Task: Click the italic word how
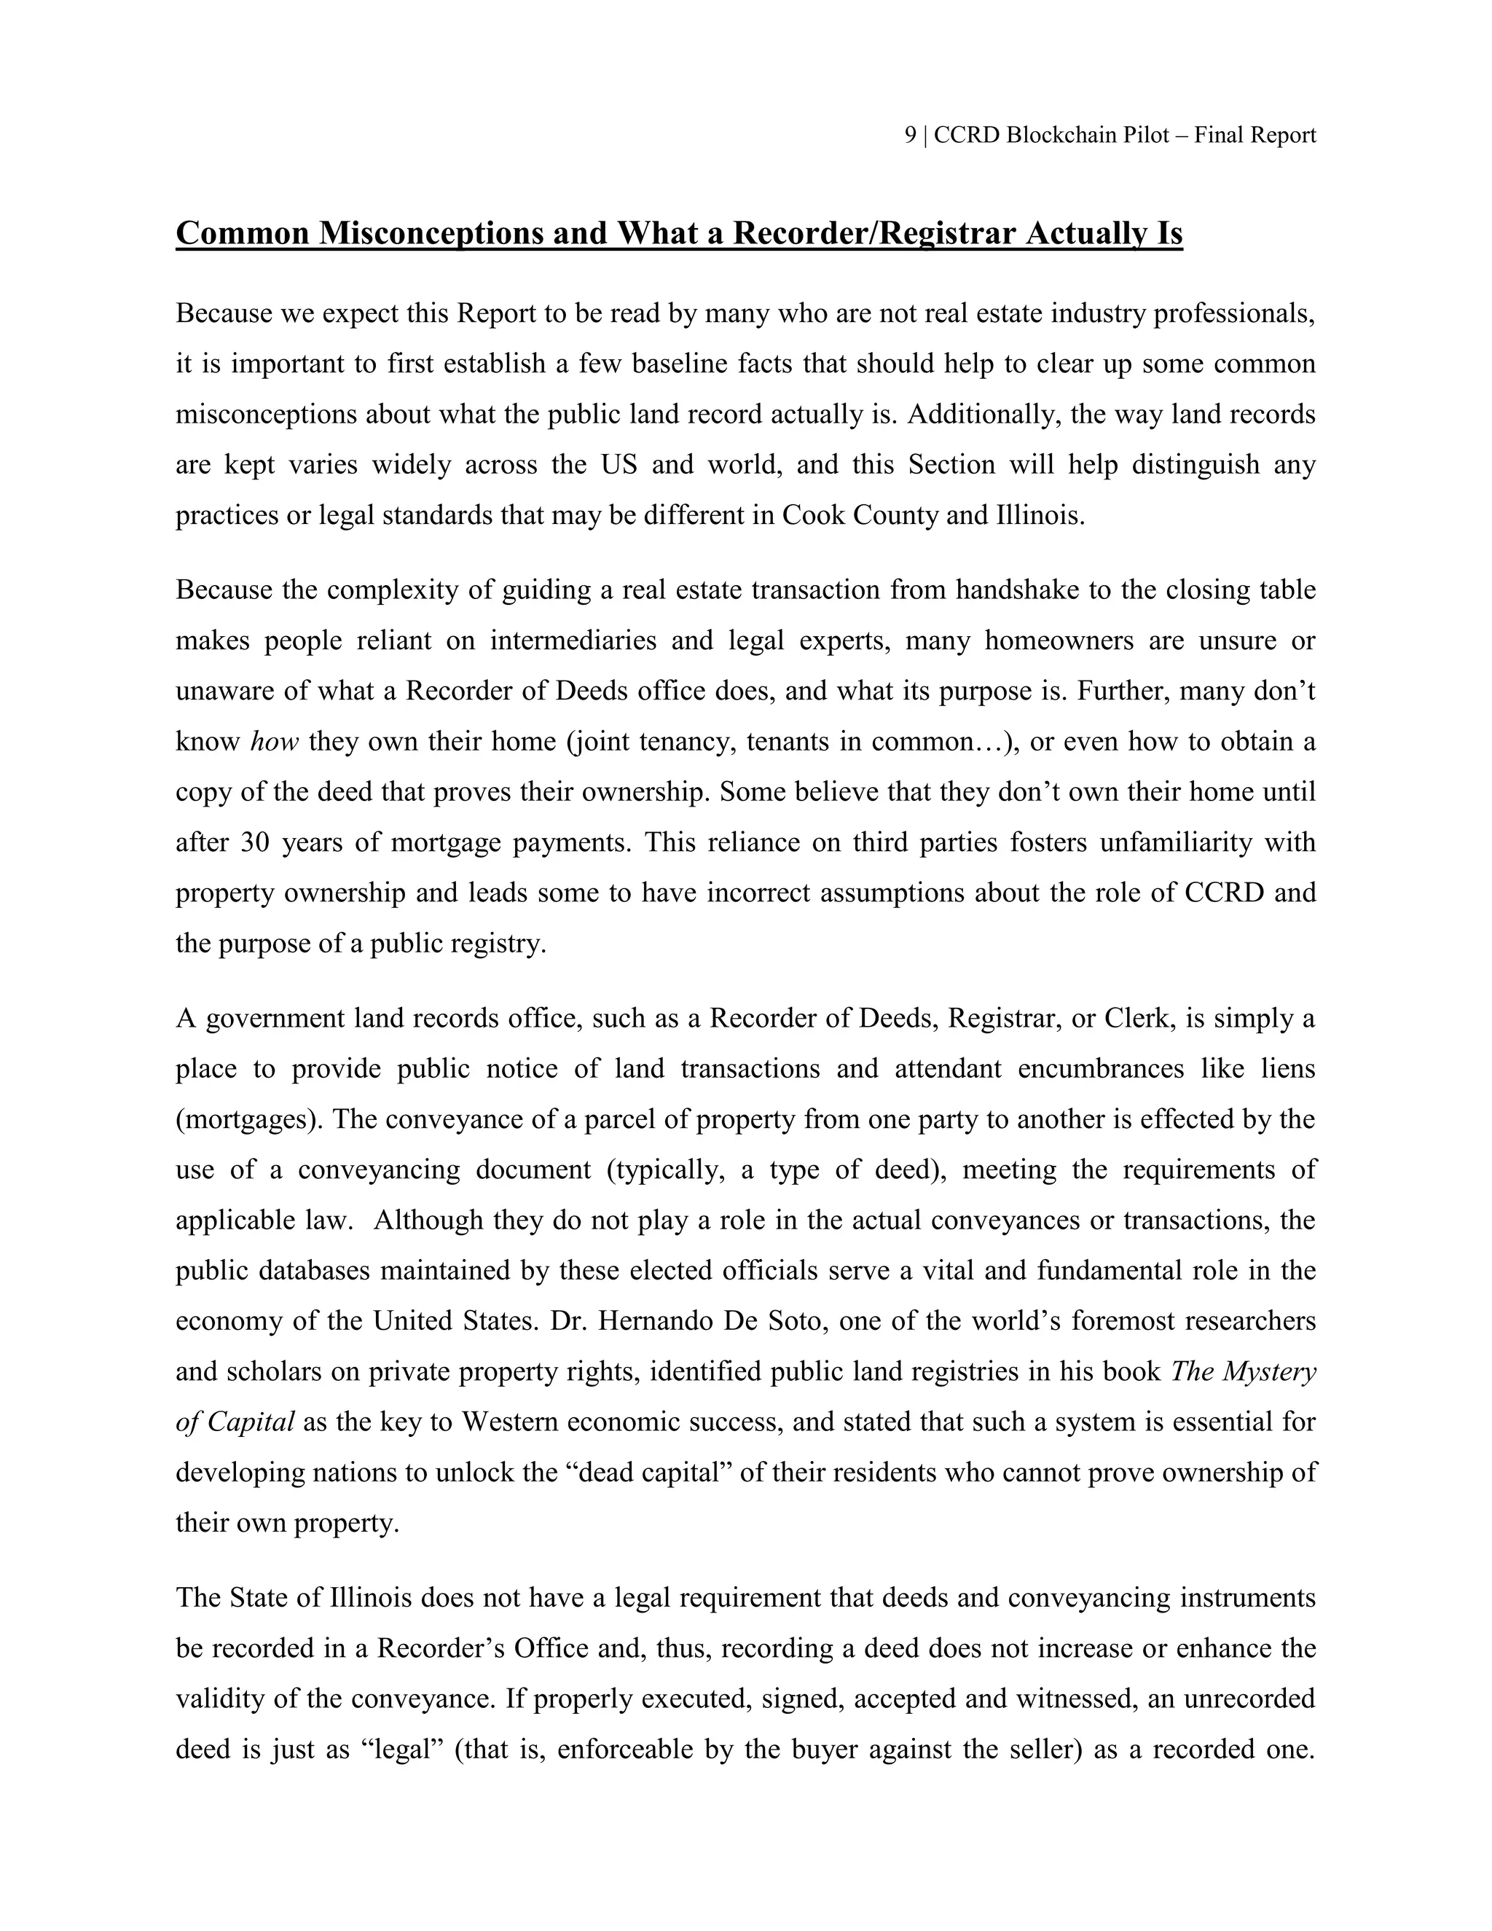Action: [275, 741]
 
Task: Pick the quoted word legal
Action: [402, 1750]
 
